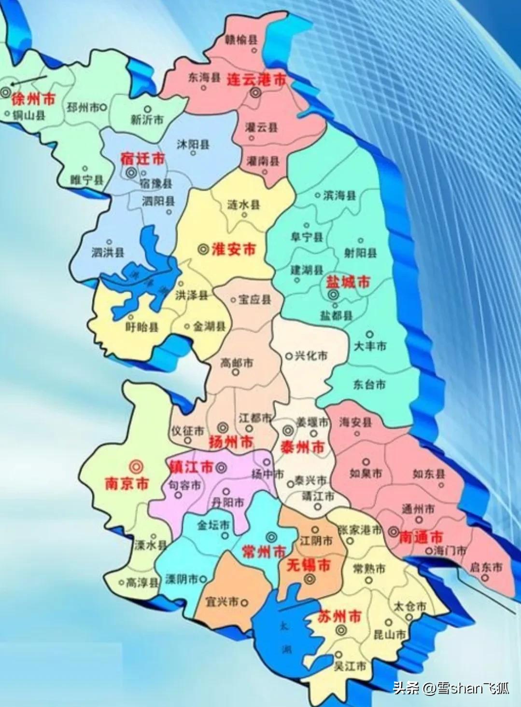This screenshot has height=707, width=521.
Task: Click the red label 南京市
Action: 127,483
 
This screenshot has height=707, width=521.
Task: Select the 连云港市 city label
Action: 256,80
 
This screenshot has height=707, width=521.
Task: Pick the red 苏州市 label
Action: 340,616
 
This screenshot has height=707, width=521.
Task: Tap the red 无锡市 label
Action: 309,565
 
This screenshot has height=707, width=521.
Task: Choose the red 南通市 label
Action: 421,537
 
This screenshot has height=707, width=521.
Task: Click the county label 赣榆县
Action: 241,40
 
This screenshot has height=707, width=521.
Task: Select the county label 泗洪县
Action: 108,252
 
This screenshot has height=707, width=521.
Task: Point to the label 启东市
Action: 486,567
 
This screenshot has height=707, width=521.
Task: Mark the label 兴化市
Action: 311,356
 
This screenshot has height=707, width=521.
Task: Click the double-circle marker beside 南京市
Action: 136,466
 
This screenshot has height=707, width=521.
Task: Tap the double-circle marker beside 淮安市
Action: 204,249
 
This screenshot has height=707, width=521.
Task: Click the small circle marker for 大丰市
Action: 369,334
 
